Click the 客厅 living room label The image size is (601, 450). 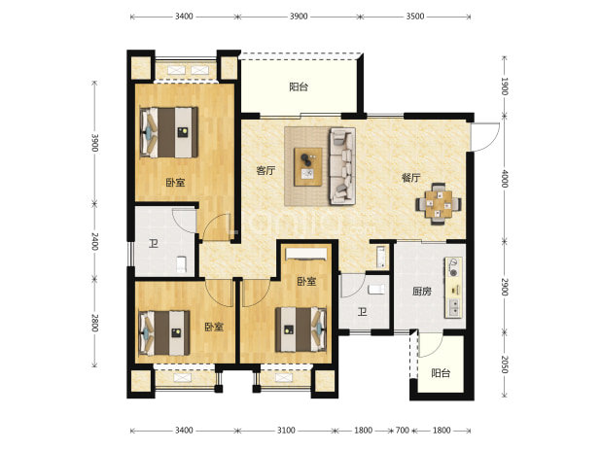[x=265, y=170]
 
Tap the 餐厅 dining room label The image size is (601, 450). [x=411, y=178]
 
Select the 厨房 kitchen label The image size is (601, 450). [x=422, y=292]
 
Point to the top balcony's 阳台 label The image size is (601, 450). [x=299, y=87]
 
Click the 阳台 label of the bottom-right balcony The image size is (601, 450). [x=441, y=373]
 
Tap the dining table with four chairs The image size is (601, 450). [x=439, y=203]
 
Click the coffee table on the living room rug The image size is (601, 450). [x=307, y=167]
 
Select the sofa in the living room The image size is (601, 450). [x=342, y=166]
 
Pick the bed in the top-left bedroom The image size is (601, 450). [x=169, y=132]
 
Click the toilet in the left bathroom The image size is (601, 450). [x=181, y=264]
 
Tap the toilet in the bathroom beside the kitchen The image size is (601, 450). [x=376, y=290]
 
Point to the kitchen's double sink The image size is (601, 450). [x=454, y=307]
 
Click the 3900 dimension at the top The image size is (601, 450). [x=299, y=17]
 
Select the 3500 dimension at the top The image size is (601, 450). [x=415, y=17]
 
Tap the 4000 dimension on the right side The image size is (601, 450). [x=505, y=179]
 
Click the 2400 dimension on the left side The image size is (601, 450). [x=95, y=241]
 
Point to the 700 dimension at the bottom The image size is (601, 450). [x=403, y=431]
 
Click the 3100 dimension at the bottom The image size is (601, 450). [x=286, y=431]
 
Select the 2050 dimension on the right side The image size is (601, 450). [x=505, y=364]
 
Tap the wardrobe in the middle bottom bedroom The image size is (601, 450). [x=306, y=254]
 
